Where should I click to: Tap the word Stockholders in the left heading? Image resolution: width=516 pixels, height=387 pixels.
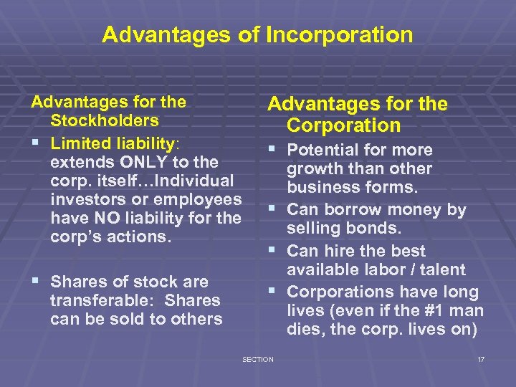coord(105,120)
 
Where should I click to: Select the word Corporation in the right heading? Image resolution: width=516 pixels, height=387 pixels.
coord(343,125)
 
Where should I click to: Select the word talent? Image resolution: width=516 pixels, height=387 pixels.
coord(439,270)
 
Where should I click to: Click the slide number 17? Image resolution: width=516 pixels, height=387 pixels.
coord(481,359)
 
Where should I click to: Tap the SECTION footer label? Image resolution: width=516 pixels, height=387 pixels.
coord(258,359)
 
